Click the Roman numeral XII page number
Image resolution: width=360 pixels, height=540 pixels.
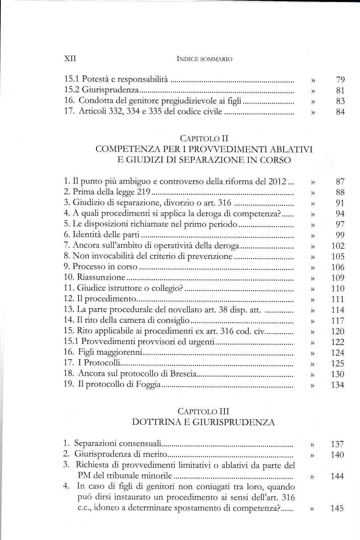(x=70, y=58)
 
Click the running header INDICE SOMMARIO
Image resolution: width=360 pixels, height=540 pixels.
(x=204, y=59)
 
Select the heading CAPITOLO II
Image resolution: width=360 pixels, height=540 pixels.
(x=204, y=138)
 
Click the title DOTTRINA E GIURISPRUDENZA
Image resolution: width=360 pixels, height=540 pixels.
(x=204, y=422)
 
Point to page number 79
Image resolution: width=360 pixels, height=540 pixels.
(x=340, y=80)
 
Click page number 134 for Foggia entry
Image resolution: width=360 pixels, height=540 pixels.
(x=338, y=385)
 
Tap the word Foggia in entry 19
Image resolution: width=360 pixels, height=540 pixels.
(x=148, y=384)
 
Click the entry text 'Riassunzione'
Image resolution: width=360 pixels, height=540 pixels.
(x=101, y=277)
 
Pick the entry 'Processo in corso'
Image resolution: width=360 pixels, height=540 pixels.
(x=105, y=267)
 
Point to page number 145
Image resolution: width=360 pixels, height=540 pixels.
(x=337, y=508)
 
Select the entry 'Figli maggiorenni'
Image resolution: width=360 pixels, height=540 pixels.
(x=110, y=352)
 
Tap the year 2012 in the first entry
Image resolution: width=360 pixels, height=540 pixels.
(x=277, y=181)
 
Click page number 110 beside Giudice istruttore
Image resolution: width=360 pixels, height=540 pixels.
(x=338, y=288)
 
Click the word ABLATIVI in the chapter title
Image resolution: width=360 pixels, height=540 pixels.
(x=291, y=149)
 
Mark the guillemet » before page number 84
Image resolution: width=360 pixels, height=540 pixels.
(x=313, y=112)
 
